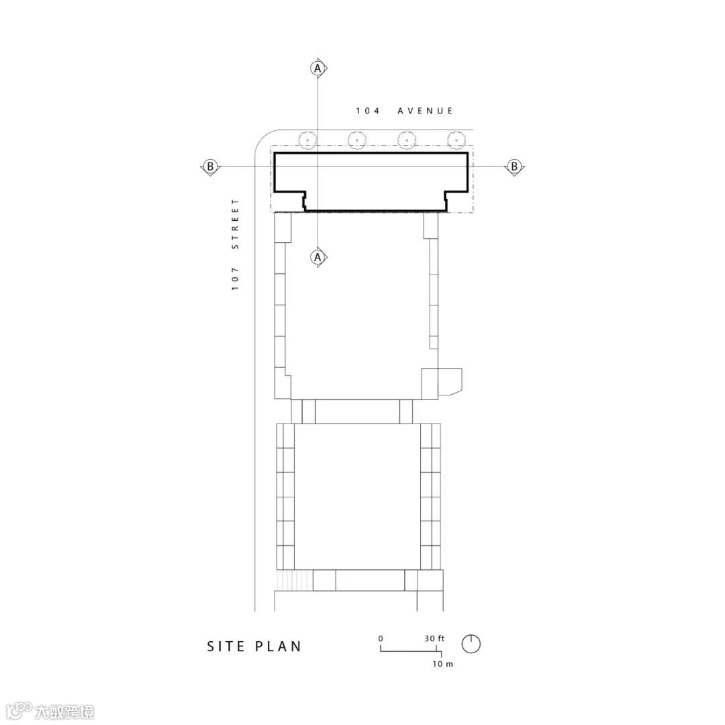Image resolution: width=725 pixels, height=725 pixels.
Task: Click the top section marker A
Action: (x=318, y=68)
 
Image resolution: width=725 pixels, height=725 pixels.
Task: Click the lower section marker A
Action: (x=318, y=256)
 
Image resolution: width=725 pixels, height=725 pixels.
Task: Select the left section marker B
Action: (x=210, y=166)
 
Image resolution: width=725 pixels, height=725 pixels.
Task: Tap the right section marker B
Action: (x=514, y=166)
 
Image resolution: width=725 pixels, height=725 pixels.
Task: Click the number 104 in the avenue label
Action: (x=368, y=111)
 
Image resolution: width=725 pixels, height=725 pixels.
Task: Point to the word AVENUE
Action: (x=425, y=111)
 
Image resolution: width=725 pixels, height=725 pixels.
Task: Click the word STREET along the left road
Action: (x=236, y=224)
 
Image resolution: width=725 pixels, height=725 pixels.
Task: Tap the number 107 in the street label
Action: (x=236, y=279)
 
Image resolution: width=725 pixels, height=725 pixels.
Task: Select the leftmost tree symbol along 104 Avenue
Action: (x=307, y=139)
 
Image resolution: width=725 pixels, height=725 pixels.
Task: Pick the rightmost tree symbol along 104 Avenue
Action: (x=456, y=139)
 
